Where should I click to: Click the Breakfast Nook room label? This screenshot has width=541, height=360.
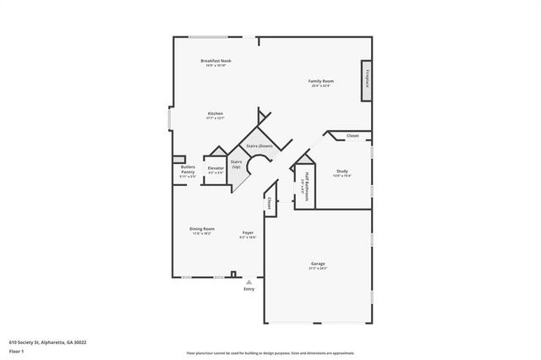click(x=216, y=61)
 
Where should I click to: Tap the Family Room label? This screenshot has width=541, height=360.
click(x=320, y=81)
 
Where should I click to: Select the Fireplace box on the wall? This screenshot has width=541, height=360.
click(x=367, y=81)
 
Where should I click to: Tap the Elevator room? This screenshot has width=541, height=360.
click(x=216, y=170)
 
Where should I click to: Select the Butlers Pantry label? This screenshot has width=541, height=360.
click(x=188, y=172)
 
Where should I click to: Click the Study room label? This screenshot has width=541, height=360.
click(x=342, y=172)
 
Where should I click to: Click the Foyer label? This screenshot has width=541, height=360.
click(x=248, y=232)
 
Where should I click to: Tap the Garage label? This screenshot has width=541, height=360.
click(x=318, y=265)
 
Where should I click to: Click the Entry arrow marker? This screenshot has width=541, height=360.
click(x=249, y=282)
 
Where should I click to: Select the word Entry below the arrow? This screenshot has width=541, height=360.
click(x=249, y=290)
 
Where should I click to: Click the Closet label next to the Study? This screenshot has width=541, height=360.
click(x=352, y=136)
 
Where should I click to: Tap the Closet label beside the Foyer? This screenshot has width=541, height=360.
click(x=269, y=202)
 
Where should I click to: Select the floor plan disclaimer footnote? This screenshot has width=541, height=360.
click(x=270, y=352)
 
